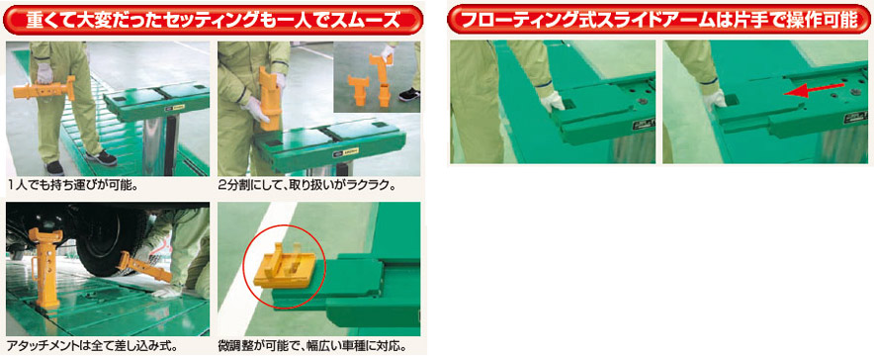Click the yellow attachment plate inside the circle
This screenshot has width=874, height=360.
pos(286,266)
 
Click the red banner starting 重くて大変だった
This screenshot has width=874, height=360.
pos(214,20)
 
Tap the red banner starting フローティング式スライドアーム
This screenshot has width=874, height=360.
pos(660,20)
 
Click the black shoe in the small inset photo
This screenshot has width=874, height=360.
pos(409,94)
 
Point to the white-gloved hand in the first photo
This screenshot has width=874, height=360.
pos(44,72)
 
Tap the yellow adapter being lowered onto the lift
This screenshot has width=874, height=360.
pos(270,98)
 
